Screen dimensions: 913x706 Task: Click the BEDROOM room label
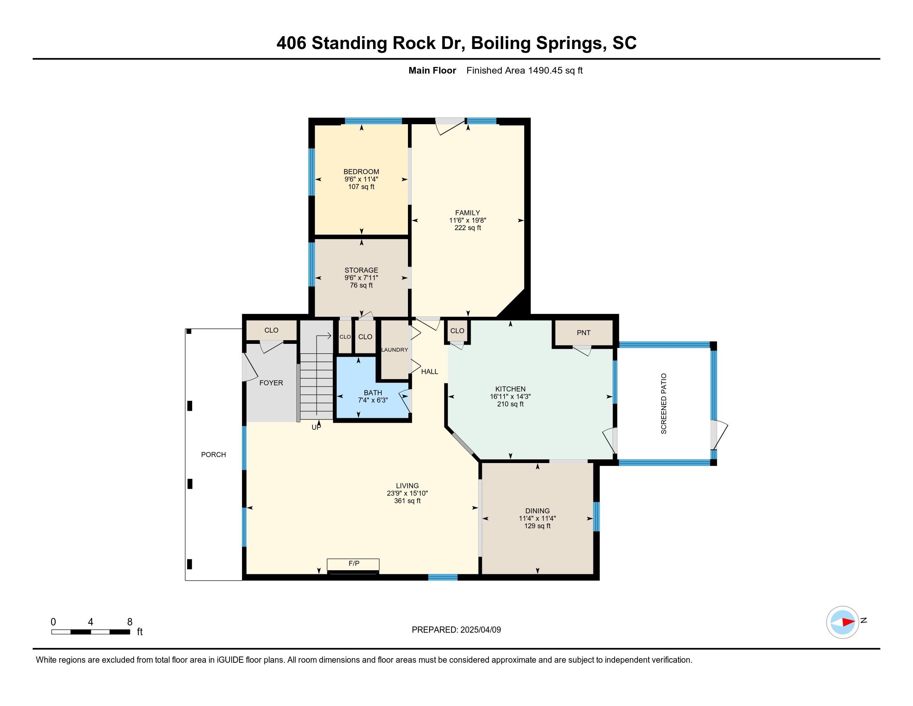pyautogui.click(x=361, y=172)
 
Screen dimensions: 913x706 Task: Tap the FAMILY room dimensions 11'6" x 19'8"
pyautogui.click(x=468, y=221)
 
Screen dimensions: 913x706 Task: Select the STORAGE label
pyautogui.click(x=361, y=270)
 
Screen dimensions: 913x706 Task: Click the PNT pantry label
pyautogui.click(x=583, y=333)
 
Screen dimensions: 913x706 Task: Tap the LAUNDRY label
pyautogui.click(x=395, y=350)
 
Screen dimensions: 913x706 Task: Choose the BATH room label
pyautogui.click(x=373, y=393)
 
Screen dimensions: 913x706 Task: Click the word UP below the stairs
pyautogui.click(x=317, y=427)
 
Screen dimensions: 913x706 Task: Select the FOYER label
pyautogui.click(x=271, y=383)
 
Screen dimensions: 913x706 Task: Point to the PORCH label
pyautogui.click(x=213, y=455)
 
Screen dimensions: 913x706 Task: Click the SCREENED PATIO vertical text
pyautogui.click(x=664, y=404)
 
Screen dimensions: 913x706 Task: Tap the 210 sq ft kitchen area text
pyautogui.click(x=510, y=404)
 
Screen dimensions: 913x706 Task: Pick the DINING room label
pyautogui.click(x=537, y=511)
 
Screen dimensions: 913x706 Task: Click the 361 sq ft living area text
pyautogui.click(x=407, y=501)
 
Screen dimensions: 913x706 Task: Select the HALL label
pyautogui.click(x=430, y=371)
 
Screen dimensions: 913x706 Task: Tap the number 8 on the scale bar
pyautogui.click(x=129, y=622)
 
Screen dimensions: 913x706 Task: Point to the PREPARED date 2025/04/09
pyautogui.click(x=480, y=630)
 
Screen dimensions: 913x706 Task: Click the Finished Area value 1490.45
pyautogui.click(x=545, y=70)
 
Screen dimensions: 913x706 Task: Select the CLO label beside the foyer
pyautogui.click(x=271, y=330)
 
